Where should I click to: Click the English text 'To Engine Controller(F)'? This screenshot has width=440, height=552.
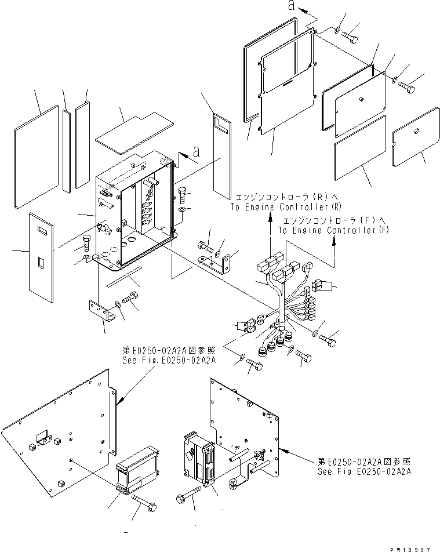[333, 230]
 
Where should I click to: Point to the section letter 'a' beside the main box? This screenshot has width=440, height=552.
[196, 152]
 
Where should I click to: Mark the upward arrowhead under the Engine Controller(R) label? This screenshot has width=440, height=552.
[270, 217]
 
